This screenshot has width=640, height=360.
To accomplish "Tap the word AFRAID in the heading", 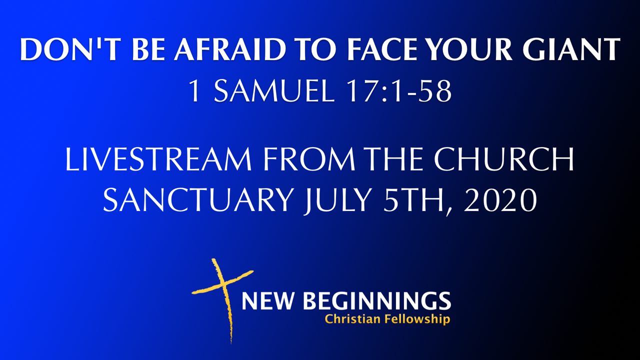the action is click(x=230, y=49).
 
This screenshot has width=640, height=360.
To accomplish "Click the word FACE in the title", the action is click(x=383, y=49).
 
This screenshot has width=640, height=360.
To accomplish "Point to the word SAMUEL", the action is click(x=274, y=91).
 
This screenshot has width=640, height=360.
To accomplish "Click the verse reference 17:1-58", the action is click(x=399, y=91).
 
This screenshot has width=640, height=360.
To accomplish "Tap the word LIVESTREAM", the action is click(x=158, y=159).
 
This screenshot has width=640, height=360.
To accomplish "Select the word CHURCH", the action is click(x=504, y=159).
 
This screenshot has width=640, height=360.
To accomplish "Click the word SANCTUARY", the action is click(x=198, y=199).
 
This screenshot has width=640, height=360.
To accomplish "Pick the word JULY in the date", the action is click(x=338, y=200).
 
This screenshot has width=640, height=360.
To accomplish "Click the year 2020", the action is click(x=500, y=199).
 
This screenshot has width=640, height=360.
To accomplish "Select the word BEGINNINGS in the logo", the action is click(x=377, y=301).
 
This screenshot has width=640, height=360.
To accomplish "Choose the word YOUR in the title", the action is click(x=471, y=49).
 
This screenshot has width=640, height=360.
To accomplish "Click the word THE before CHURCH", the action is click(x=395, y=159).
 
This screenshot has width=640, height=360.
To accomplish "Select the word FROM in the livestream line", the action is click(x=309, y=159).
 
